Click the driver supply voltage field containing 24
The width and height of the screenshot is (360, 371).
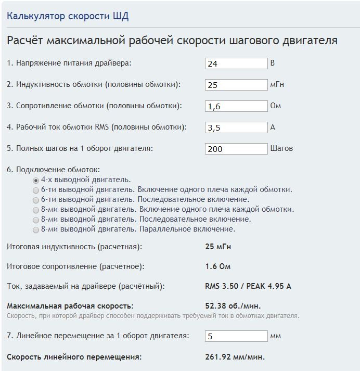coord(236,63)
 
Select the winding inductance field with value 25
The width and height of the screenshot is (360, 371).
coord(236,85)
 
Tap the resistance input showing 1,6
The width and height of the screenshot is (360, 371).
coord(236,106)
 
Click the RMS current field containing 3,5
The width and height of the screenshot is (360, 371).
coord(236,127)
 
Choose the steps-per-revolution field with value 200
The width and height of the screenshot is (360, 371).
coord(236,149)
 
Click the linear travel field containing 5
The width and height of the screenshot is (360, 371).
coord(236,336)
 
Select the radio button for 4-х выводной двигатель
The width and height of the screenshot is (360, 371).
coord(36,180)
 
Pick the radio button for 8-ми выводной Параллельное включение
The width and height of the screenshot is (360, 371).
coord(36,229)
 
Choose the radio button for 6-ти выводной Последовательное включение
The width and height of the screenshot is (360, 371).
coord(36,199)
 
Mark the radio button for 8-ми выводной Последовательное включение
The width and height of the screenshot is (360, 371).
coord(36,219)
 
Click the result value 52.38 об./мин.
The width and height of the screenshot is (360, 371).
coord(233,305)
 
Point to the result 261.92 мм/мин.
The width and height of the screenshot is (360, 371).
coord(235,357)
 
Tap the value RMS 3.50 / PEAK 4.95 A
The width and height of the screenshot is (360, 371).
coord(248,286)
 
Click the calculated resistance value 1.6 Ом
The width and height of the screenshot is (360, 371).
coord(218,266)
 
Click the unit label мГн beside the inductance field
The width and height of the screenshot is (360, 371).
coord(277,84)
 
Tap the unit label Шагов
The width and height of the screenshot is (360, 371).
coord(281,148)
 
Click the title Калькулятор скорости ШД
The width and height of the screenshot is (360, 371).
coord(68,16)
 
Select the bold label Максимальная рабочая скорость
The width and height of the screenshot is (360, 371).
coord(70,305)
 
